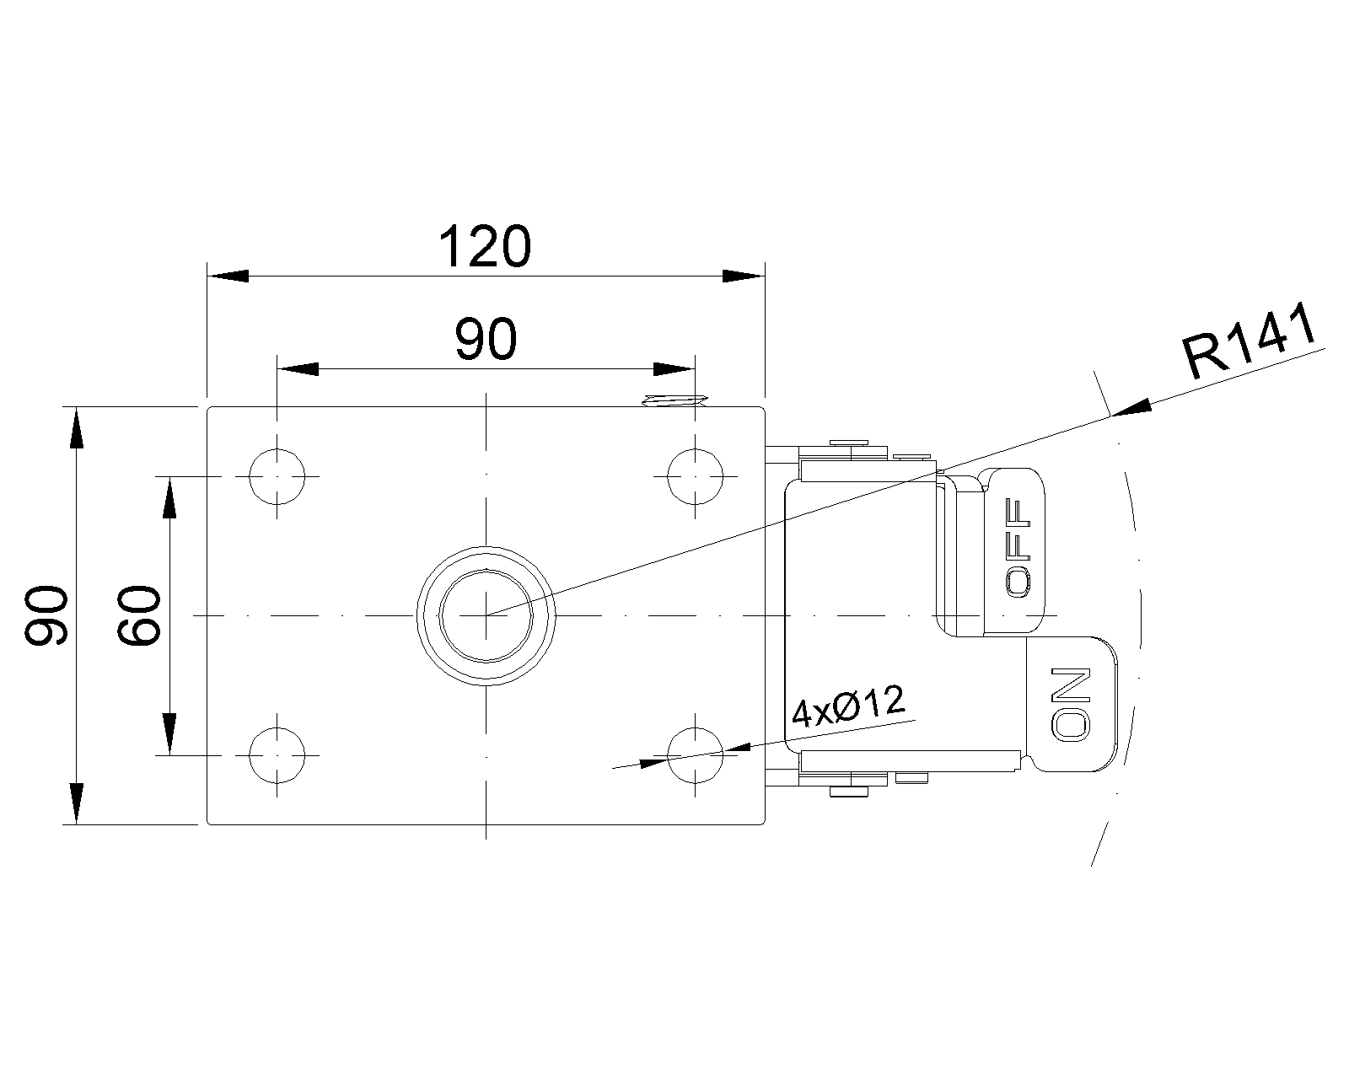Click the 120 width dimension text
coord(485,246)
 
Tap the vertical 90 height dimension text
coord(46,615)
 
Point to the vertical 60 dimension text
coord(138,615)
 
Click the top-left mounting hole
coord(277,476)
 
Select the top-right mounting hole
coord(695,476)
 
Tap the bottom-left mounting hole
coord(277,755)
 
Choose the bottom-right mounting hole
coord(695,755)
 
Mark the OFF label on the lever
coord(1017,548)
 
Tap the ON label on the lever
coord(1071,704)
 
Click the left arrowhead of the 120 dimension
coord(228,276)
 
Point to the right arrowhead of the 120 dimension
coord(744,276)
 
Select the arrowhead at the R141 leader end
coord(1131,408)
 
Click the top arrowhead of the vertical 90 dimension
coord(76,427)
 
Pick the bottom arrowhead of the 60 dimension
coord(169,734)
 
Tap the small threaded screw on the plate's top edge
coord(674,401)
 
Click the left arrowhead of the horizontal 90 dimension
coord(298,369)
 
